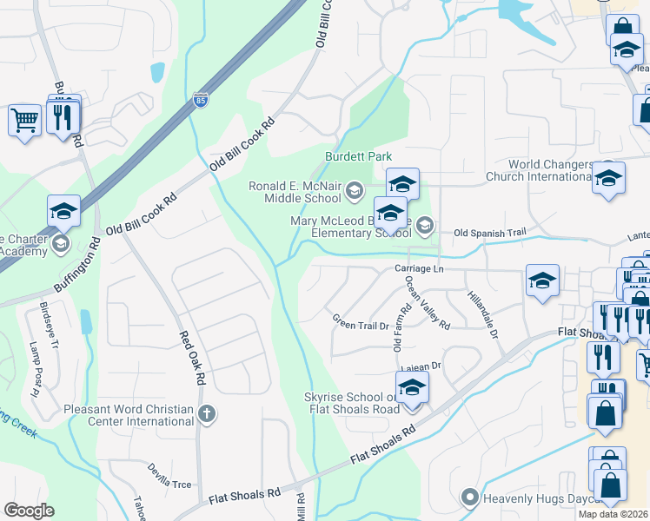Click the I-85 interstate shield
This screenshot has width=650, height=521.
point(201,102)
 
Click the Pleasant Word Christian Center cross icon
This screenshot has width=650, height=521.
point(206,413)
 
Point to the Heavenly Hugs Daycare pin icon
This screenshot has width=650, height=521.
point(470,498)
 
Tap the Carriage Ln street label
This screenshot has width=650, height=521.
point(420,269)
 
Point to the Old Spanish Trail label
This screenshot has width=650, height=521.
point(490,233)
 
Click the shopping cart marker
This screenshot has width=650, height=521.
point(24,120)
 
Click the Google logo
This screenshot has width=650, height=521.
point(29,510)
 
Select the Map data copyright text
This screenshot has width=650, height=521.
point(614,514)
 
